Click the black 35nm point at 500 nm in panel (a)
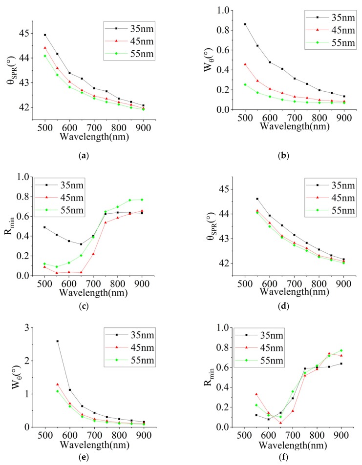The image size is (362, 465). pos(45,35)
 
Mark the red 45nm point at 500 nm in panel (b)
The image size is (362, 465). pos(245,64)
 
